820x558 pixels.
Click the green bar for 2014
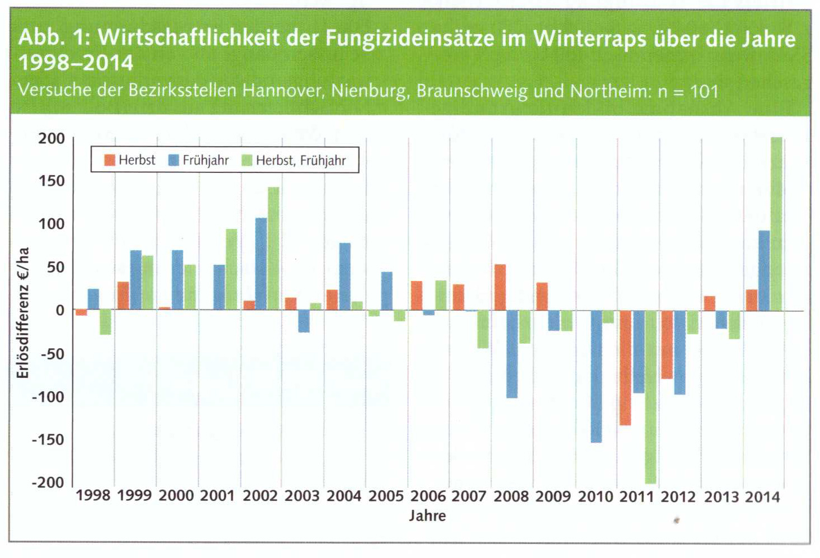(776, 224)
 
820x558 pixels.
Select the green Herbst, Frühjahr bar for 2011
(650, 397)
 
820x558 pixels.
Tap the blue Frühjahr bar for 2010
(596, 376)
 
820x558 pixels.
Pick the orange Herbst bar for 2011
(625, 368)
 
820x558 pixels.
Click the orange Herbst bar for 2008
(500, 287)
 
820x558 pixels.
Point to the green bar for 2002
(273, 248)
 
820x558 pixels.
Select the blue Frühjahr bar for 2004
(345, 276)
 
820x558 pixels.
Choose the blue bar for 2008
(512, 354)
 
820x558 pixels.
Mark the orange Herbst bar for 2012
(667, 345)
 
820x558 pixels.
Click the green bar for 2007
(483, 329)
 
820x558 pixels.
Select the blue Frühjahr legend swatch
(174, 160)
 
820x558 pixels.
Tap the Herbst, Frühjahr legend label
(301, 161)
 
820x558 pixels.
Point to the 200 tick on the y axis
(52, 138)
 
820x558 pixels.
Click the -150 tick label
(48, 439)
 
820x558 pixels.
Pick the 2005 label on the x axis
(386, 496)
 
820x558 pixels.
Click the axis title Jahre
(427, 515)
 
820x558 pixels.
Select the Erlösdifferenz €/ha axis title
(23, 312)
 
